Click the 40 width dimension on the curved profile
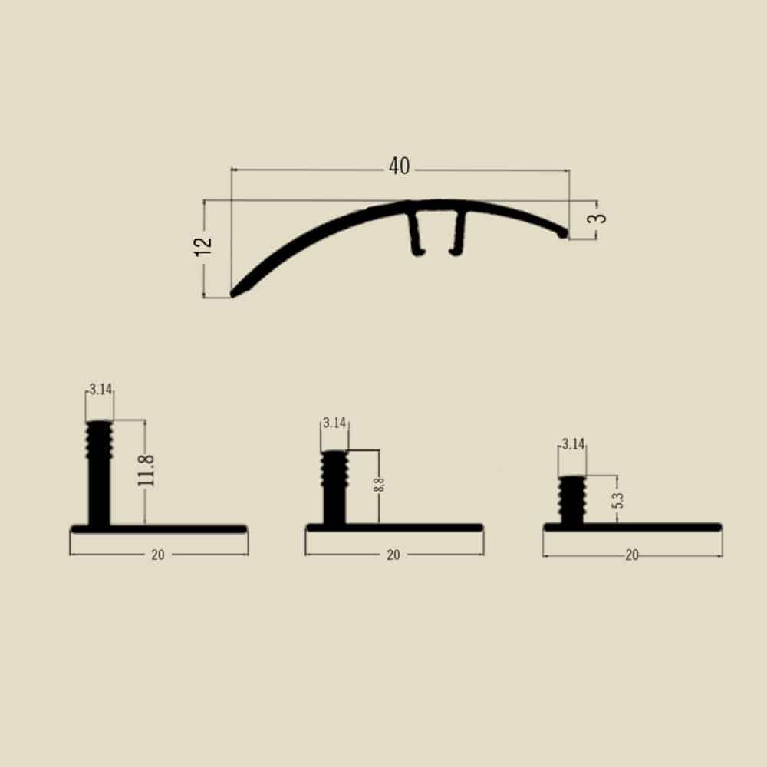tap(399, 166)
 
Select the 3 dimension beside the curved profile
tap(601, 217)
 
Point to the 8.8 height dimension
tap(380, 485)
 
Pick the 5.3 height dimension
tap(618, 499)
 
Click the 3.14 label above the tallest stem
tap(100, 390)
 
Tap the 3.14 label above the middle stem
tap(334, 423)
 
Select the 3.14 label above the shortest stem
tap(573, 443)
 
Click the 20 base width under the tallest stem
tap(158, 555)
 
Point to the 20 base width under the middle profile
tap(393, 555)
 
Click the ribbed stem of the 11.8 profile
tap(99, 472)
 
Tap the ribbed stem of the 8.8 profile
tap(334, 487)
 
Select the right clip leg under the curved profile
tap(459, 234)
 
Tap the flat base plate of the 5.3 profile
tap(652, 527)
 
